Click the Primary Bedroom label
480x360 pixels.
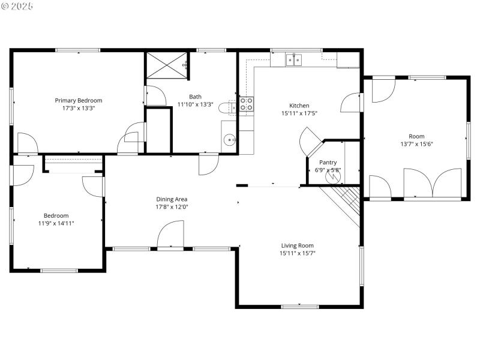(79, 100)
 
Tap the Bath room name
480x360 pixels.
(196, 97)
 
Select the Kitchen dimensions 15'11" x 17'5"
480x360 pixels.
(299, 113)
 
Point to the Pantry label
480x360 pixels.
(328, 163)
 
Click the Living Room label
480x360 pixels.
(297, 245)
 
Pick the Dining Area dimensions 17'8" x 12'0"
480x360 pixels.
(172, 207)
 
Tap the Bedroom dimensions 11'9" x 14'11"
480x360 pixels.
(55, 223)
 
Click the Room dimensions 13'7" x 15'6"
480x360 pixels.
(416, 144)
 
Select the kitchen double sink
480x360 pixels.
(293, 59)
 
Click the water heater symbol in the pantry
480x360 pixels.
(332, 178)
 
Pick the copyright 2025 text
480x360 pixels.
(17, 6)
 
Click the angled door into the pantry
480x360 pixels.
(312, 142)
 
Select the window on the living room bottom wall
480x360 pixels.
(300, 307)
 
